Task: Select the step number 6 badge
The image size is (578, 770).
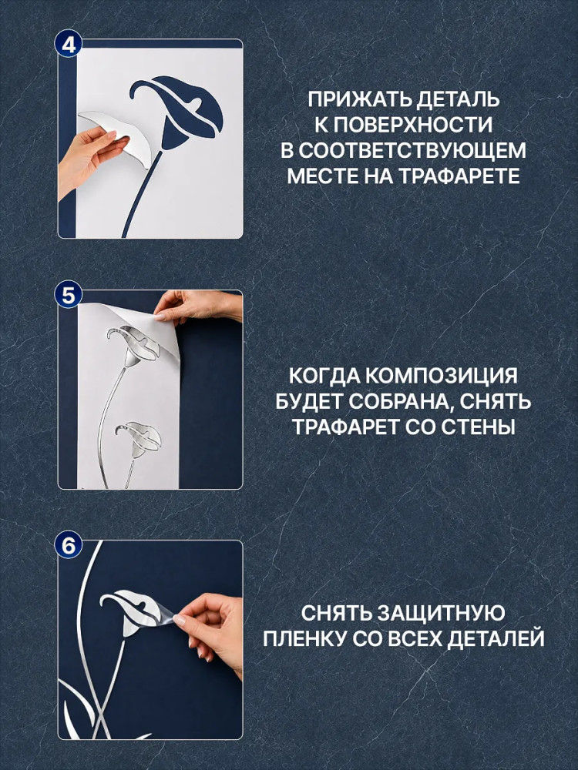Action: (x=69, y=545)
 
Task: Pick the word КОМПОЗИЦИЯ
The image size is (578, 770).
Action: (x=442, y=377)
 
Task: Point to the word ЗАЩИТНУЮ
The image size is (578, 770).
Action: (x=440, y=614)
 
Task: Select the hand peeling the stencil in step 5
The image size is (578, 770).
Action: (x=197, y=306)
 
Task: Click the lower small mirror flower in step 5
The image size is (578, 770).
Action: (x=139, y=439)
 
